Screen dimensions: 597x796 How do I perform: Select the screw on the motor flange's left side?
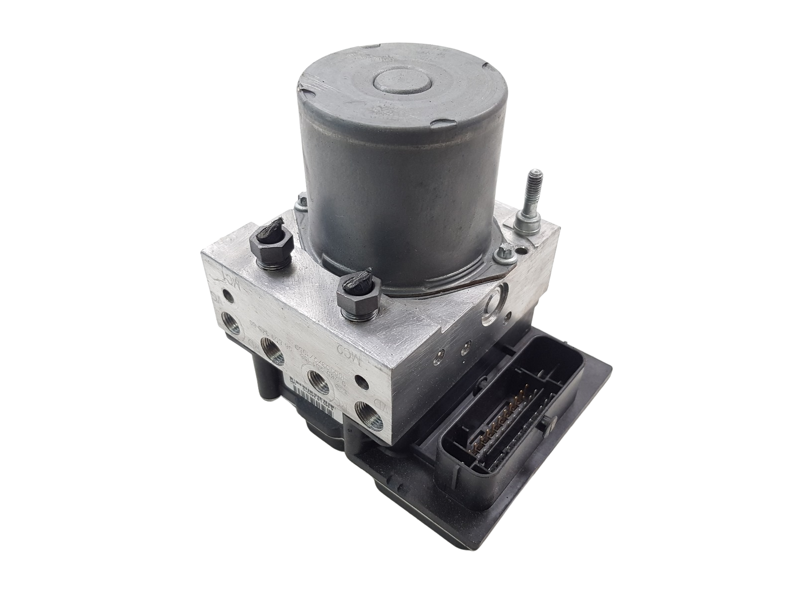pos(300,202)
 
